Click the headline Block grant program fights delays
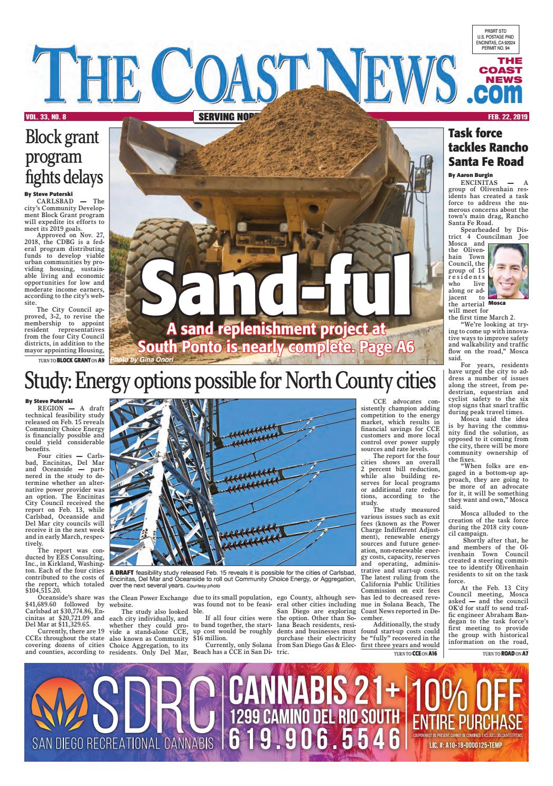[x=63, y=157]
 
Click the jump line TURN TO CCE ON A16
[x=415, y=654]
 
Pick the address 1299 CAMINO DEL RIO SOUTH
[x=315, y=716]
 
